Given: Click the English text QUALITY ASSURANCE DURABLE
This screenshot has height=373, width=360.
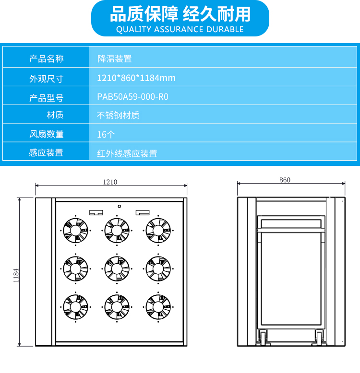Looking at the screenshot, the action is point(180,29).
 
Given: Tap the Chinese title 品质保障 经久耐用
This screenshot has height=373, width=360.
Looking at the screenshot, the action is point(180,14).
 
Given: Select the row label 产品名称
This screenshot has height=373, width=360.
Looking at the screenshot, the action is point(47,58).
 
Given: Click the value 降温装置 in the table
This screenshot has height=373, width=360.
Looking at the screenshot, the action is point(115,59).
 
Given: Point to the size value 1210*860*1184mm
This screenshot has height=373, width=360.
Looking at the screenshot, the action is point(136,78).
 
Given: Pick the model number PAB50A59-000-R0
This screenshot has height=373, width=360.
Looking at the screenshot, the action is point(132,97).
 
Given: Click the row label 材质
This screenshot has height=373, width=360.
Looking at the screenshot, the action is point(55,115).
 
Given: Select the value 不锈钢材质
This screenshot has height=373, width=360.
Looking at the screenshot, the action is point(118,116).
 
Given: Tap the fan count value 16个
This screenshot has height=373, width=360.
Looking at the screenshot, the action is point(106,135).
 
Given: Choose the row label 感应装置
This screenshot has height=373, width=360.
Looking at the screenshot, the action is point(46,153).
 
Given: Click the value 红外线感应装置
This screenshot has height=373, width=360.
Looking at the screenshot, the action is point(127,154).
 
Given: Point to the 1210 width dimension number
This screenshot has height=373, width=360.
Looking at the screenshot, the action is point(110,182).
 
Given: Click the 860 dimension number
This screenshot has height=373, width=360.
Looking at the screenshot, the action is point(285,180).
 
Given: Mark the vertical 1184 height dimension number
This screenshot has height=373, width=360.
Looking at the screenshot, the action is point(16,276).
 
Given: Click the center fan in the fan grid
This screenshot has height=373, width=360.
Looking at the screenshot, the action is point(117,269).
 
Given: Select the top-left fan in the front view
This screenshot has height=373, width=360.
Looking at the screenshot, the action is point(76,231).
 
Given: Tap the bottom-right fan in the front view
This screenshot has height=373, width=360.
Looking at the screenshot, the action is point(158,307).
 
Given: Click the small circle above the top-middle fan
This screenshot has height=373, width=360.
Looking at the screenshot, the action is point(120,206).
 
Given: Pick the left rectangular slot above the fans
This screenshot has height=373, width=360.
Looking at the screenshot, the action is point(96,212).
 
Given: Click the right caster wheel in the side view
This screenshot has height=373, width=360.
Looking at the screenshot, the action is point(319,338).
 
